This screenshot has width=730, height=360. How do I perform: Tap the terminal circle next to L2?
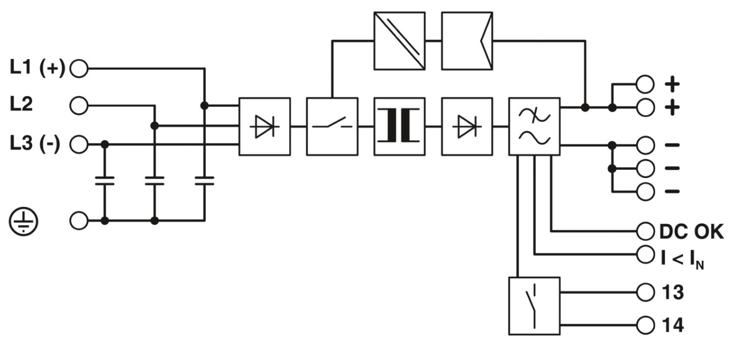coord(79,105)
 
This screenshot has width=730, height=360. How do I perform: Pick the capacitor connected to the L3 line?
coord(105,181)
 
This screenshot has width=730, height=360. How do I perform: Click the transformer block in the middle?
coord(399,126)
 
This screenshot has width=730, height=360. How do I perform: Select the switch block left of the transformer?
coord(332,126)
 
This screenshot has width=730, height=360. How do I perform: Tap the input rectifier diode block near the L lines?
coord(264,126)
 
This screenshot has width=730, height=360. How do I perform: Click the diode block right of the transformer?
coord(467,126)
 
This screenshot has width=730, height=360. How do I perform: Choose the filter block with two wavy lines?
coord(534,126)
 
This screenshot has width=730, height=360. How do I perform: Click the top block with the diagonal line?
coord(399,40)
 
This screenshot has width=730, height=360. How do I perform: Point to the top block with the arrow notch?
coord(467,40)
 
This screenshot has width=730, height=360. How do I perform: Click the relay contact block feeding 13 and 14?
coord(534,306)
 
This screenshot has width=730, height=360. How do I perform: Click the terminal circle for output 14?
coord(645,324)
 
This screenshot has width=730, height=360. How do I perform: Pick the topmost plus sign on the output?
coord(673,83)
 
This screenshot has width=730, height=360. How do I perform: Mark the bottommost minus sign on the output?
coord(673,191)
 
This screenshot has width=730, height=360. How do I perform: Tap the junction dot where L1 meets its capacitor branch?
coord(204,106)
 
